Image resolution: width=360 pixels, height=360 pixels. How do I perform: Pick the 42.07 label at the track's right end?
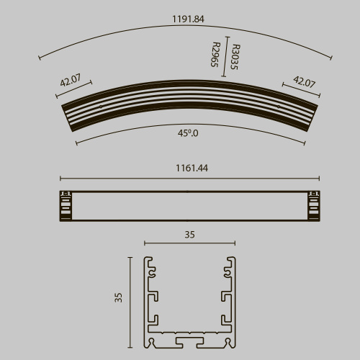click(304, 82)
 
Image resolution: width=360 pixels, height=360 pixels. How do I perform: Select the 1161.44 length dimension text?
click(189, 168)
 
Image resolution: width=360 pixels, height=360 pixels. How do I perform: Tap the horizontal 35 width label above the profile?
click(189, 235)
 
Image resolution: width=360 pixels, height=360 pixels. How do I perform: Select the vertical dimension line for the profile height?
click(132, 302)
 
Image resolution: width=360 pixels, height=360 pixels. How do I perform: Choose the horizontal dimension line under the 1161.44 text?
click(189, 178)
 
